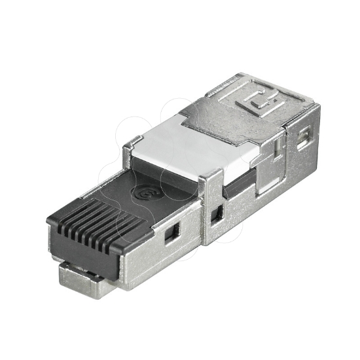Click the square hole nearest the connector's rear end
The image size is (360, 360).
tap(303, 139)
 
